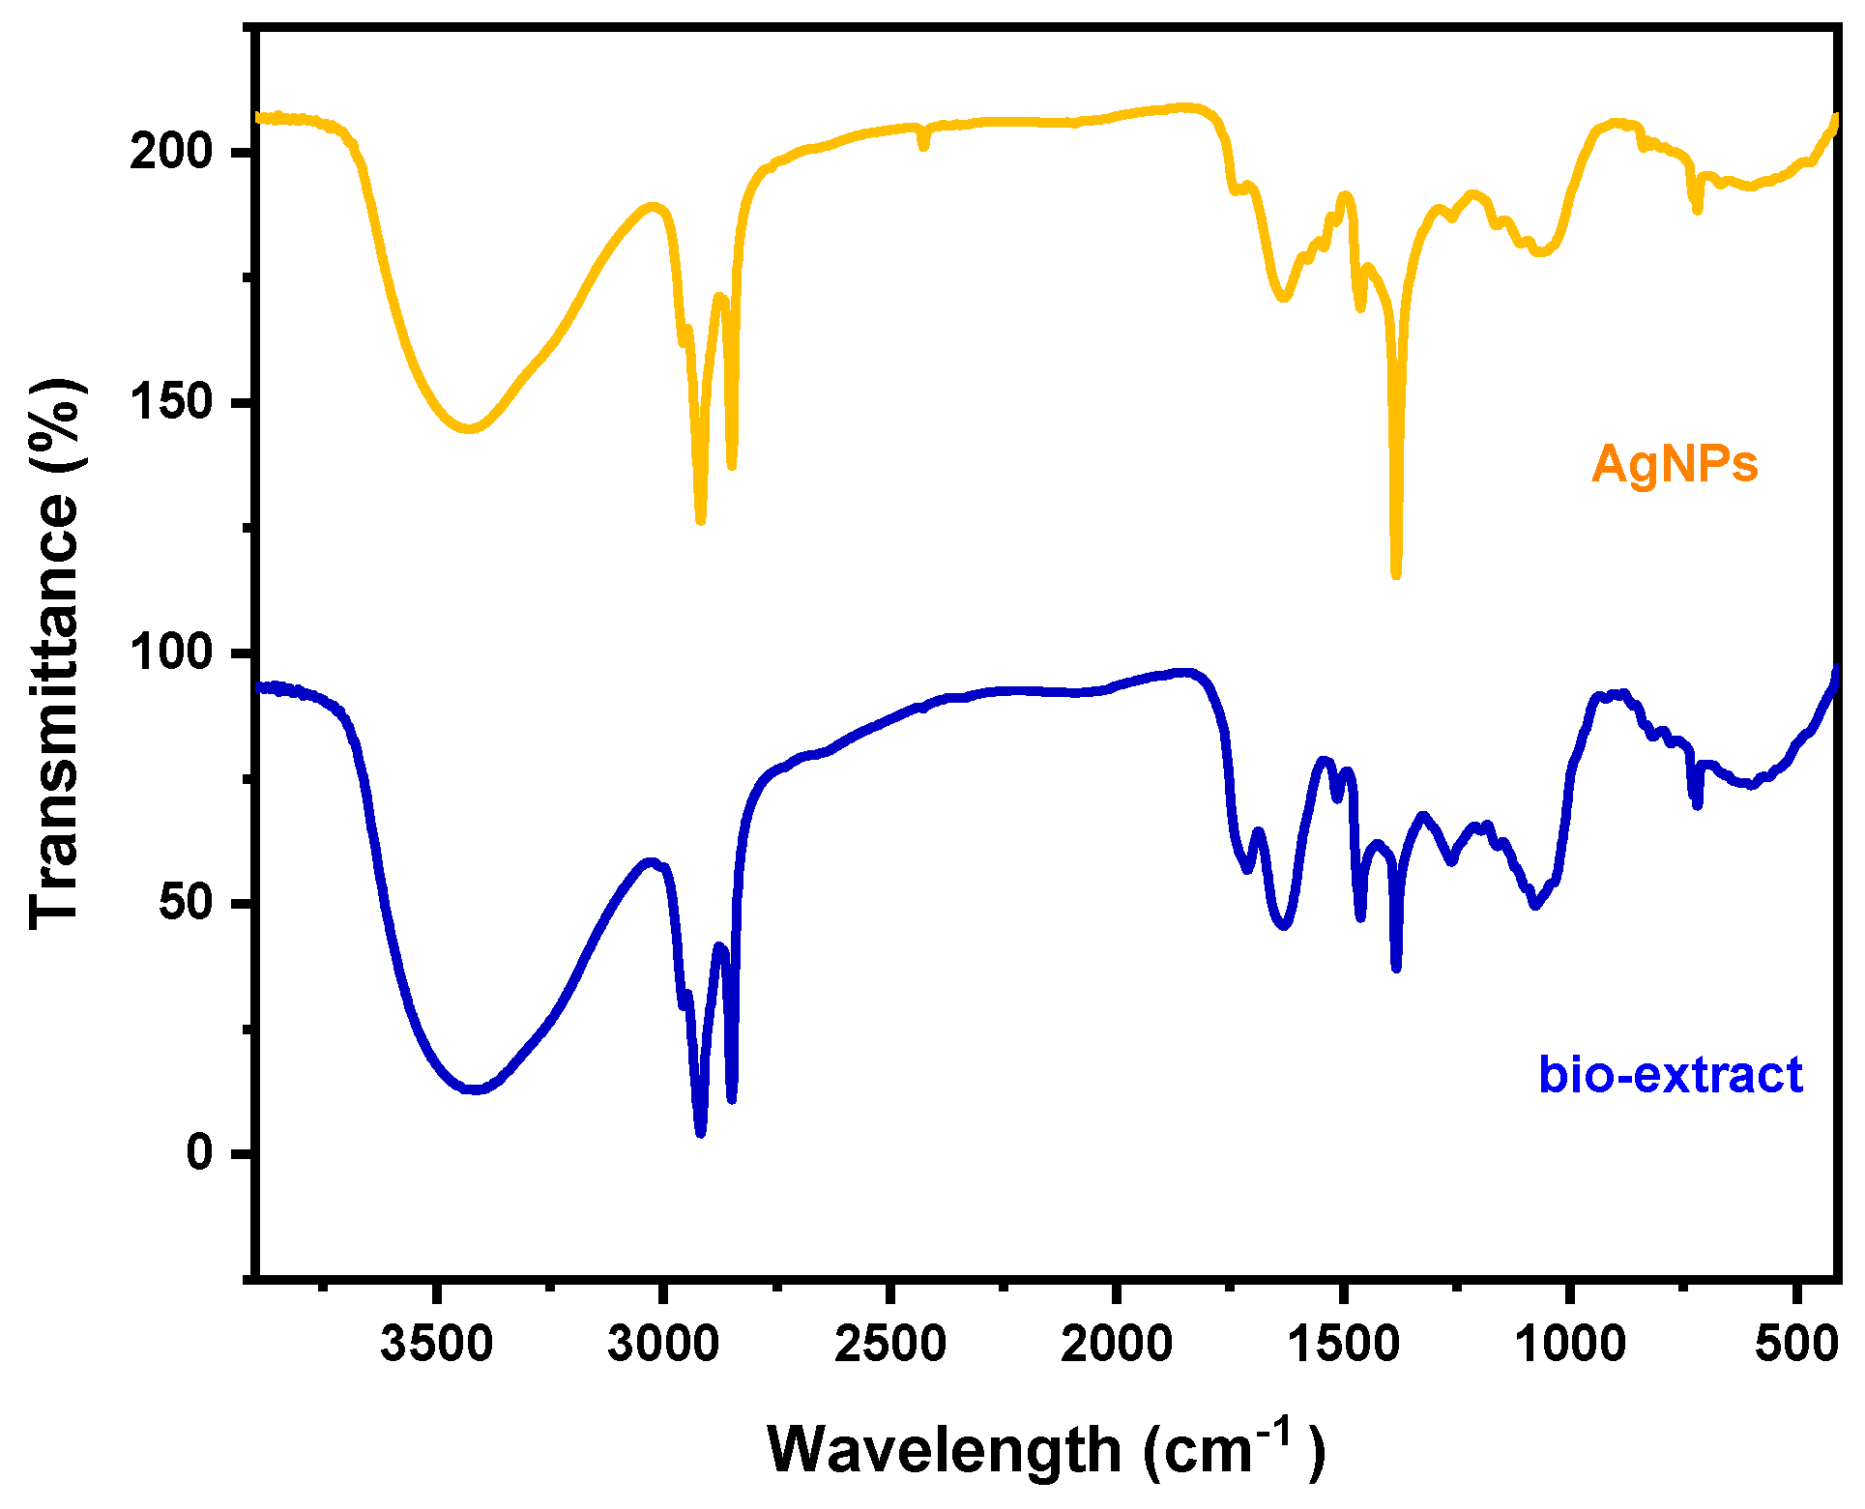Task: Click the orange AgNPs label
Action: coord(1674,464)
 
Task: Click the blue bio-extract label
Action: coord(1670,1075)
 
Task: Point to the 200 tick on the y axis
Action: coord(170,152)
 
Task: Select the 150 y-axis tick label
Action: coord(170,402)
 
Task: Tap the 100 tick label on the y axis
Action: coord(170,653)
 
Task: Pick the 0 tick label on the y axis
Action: coord(199,1152)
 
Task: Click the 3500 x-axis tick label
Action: coord(436,1344)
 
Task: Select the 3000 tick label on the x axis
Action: coord(663,1344)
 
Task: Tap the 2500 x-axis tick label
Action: coord(889,1344)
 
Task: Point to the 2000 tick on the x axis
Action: coord(1116,1344)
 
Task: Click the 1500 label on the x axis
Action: coord(1343,1344)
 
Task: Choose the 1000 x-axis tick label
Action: coord(1569,1344)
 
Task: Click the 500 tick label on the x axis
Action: coord(1795,1344)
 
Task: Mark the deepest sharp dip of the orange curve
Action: coord(1396,574)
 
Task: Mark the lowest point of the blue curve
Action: coord(700,1132)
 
